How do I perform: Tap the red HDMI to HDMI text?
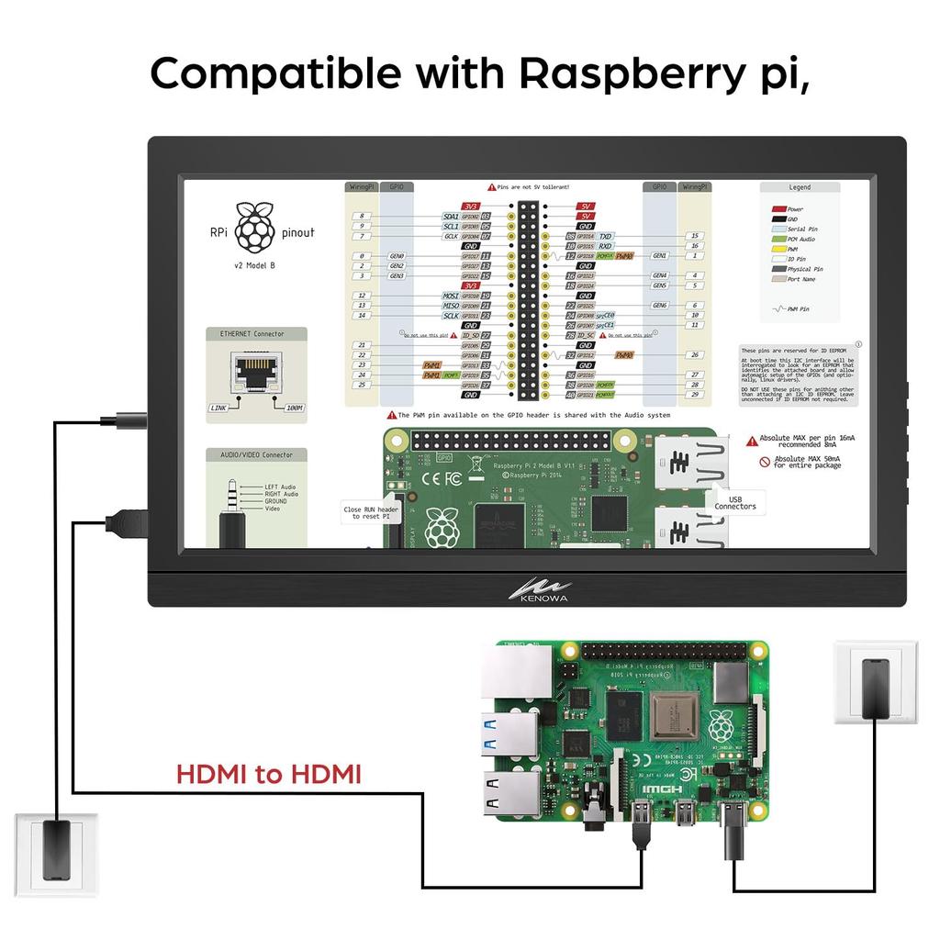tap(269, 774)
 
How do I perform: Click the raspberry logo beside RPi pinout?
tap(254, 229)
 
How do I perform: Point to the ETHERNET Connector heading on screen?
tap(252, 334)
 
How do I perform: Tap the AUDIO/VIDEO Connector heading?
tap(256, 454)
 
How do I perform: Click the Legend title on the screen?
tap(800, 187)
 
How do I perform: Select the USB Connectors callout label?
tap(735, 502)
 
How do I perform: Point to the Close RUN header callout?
tap(371, 513)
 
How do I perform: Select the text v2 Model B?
tap(254, 265)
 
